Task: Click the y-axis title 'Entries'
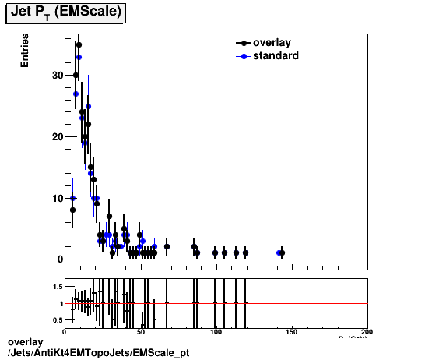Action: click(25, 51)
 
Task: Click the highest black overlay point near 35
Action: click(79, 44)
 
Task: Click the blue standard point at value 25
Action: click(89, 106)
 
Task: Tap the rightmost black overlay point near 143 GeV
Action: click(282, 253)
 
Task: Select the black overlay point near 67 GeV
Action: click(167, 247)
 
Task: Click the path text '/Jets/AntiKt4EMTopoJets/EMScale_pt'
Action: click(97, 353)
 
